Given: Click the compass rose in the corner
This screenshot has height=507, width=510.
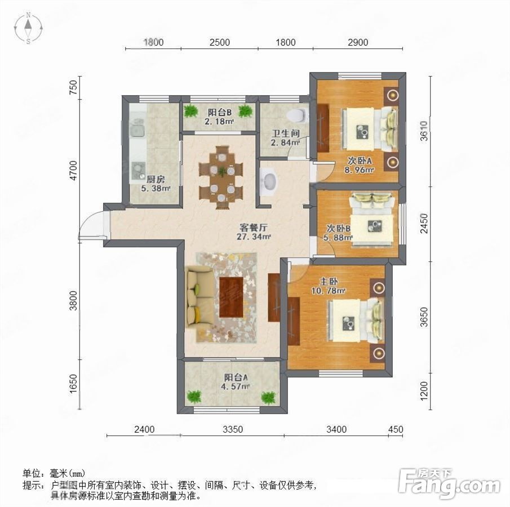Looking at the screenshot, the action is tap(29, 28).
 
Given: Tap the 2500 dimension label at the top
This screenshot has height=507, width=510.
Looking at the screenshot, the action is tap(220, 42).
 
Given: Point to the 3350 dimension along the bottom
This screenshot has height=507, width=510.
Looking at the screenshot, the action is tap(233, 429).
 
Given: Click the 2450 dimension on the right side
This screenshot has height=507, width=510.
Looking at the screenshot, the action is tap(424, 224).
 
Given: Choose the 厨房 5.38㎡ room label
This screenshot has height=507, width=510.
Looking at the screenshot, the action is tap(156, 184).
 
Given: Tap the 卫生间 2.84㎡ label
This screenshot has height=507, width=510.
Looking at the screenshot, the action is tap(286, 138).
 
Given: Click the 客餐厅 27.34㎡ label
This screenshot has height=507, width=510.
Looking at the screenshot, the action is tap(254, 232).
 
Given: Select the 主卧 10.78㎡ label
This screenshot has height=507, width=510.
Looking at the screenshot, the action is tap(329, 286).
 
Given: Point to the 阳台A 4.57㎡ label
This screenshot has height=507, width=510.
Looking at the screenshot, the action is tap(236, 382).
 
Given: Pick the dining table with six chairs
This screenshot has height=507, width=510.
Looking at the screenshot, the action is tap(221, 178).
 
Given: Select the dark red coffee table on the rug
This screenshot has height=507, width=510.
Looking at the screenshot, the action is tap(231, 297).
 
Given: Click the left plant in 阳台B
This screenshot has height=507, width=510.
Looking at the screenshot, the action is tap(190, 111).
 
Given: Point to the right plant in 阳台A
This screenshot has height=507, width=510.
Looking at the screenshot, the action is tap(268, 397).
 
